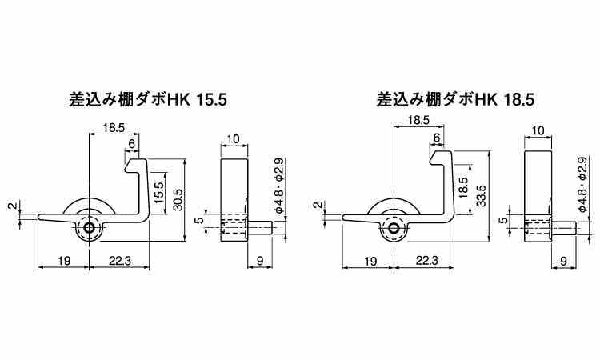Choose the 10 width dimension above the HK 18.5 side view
(x=538, y=130)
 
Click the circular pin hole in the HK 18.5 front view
(x=394, y=229)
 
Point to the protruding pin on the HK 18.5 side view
(x=564, y=228)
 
